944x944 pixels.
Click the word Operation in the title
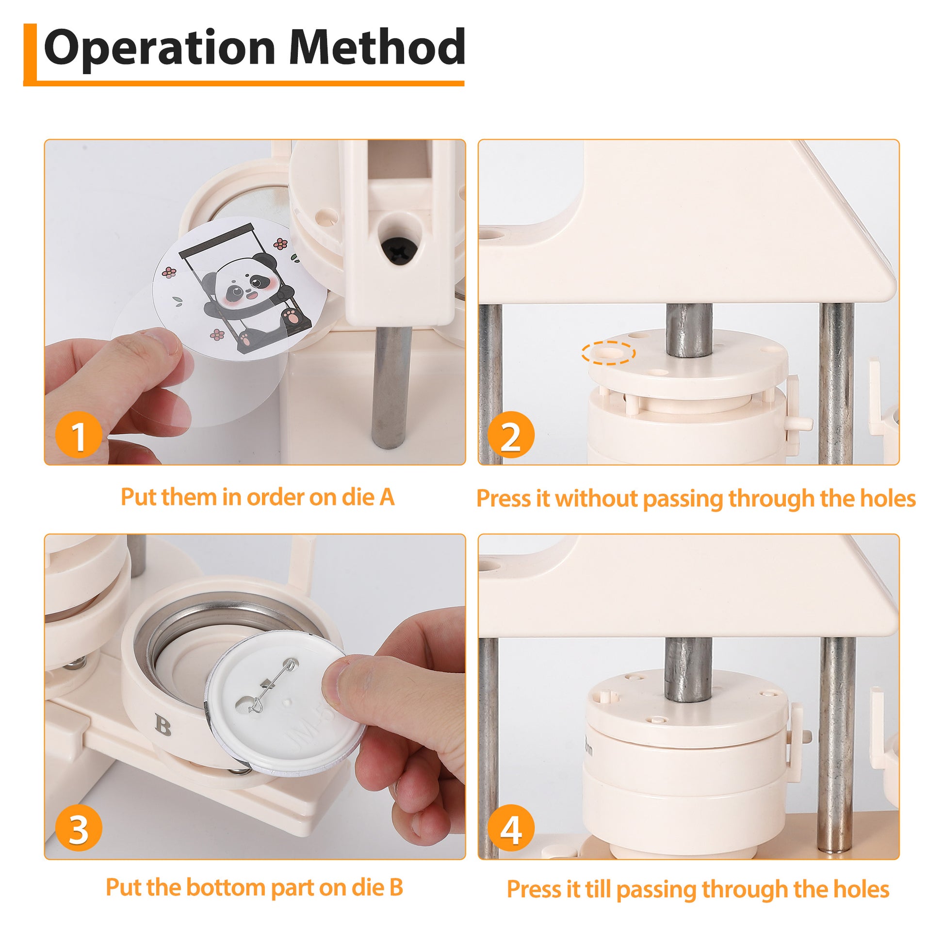pos(160,48)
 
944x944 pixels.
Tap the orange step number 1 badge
pos(78,434)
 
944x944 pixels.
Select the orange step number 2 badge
pos(511,434)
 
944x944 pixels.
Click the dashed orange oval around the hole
pos(608,352)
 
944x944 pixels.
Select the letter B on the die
pos(163,725)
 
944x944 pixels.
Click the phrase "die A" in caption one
pos(368,497)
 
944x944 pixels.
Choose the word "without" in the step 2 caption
pos(597,498)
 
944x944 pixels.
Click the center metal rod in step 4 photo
pos(689,669)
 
